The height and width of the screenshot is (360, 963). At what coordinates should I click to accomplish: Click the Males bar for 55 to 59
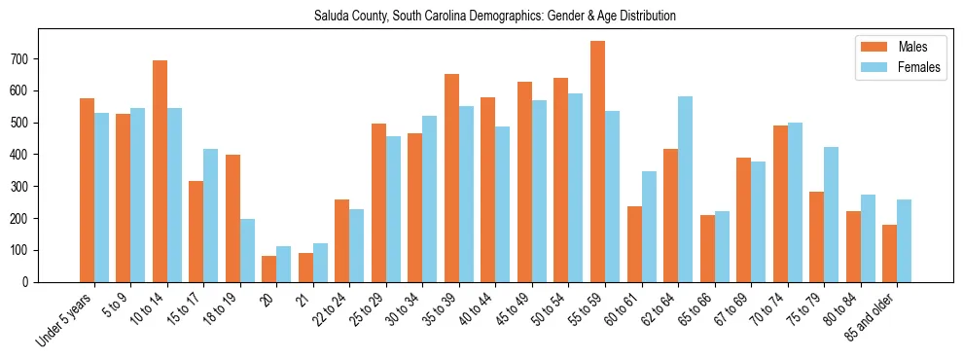[x=597, y=162]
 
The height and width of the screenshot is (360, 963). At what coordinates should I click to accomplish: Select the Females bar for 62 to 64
[x=685, y=189]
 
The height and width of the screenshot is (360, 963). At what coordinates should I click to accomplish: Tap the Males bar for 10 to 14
[x=160, y=171]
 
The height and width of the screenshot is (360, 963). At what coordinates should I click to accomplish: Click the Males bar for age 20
[x=269, y=269]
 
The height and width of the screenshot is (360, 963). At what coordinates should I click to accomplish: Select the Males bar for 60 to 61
[x=634, y=244]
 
